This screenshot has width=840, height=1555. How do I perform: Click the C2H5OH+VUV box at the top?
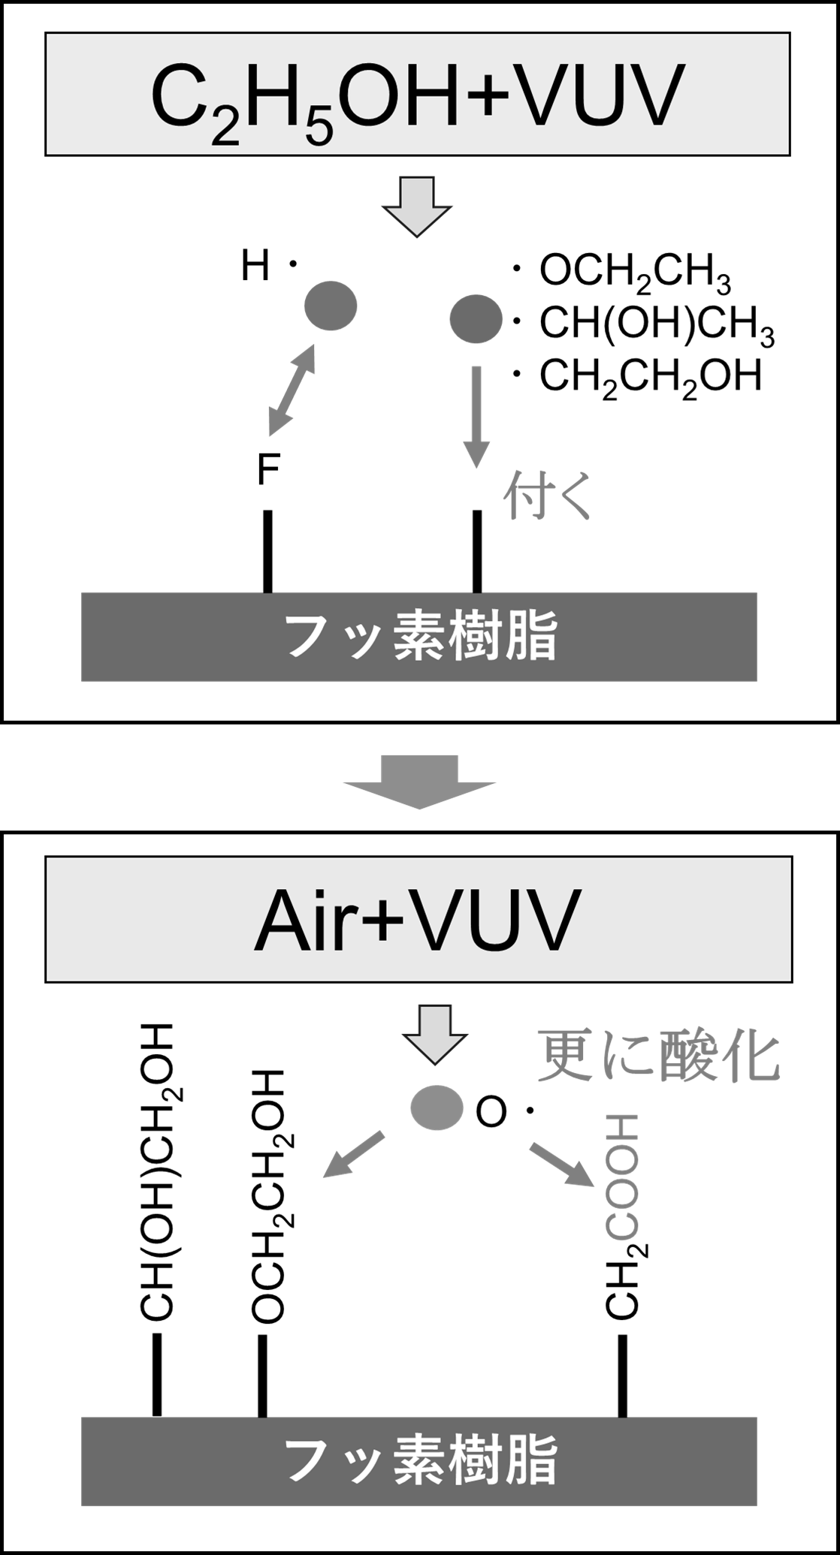coord(418,94)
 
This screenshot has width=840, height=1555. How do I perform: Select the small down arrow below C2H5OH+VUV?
coord(418,206)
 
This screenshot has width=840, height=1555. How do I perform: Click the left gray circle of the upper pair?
coord(330,306)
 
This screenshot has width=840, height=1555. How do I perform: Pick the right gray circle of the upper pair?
coord(476,318)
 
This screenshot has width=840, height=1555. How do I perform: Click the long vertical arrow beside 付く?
coord(475,417)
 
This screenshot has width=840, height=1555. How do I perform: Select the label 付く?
coord(547,496)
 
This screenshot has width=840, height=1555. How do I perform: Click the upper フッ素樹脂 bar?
coord(418,637)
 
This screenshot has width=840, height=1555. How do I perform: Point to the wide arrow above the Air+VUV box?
coord(419,782)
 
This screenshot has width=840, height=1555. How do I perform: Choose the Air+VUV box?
coord(418,919)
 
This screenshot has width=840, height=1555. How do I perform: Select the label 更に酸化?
coord(658,1056)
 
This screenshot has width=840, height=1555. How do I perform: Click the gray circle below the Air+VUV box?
coord(437,1108)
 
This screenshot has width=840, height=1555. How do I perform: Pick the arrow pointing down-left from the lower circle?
coord(353,1155)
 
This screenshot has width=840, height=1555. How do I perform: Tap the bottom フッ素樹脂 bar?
coord(418,1461)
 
